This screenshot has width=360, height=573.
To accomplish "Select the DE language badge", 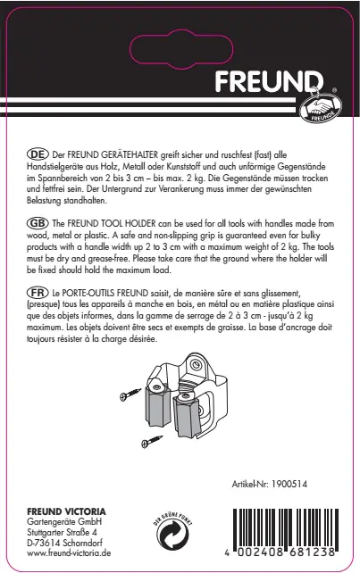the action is (38, 154).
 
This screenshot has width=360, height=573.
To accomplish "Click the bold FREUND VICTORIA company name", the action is (68, 510).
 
